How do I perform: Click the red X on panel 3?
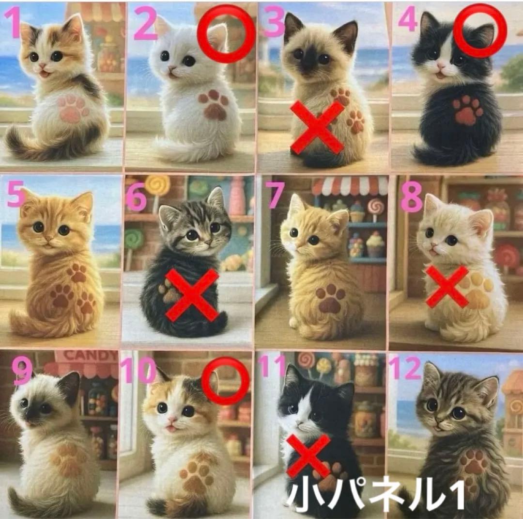pos(317,127)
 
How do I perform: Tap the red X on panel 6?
pos(192,295)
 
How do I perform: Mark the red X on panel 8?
pos(446,286)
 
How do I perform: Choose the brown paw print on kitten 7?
pos(331,298)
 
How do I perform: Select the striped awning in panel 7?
pos(350,185)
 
